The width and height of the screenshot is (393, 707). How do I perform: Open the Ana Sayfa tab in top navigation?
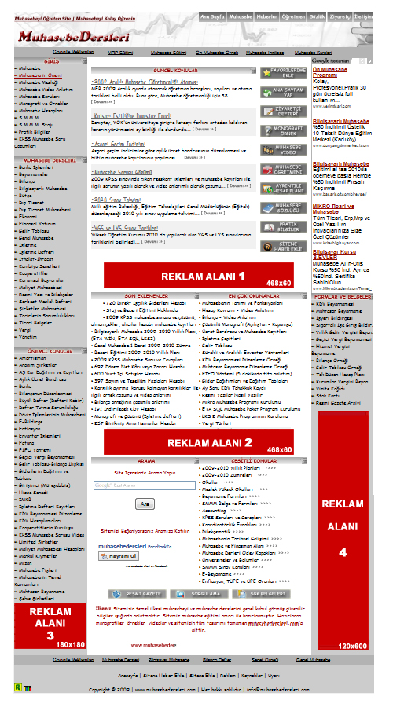point(212,15)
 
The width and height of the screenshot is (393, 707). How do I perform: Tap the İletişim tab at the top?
point(363,15)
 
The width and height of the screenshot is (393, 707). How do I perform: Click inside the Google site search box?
point(144,485)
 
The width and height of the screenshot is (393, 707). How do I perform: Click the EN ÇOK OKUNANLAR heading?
point(246,295)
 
